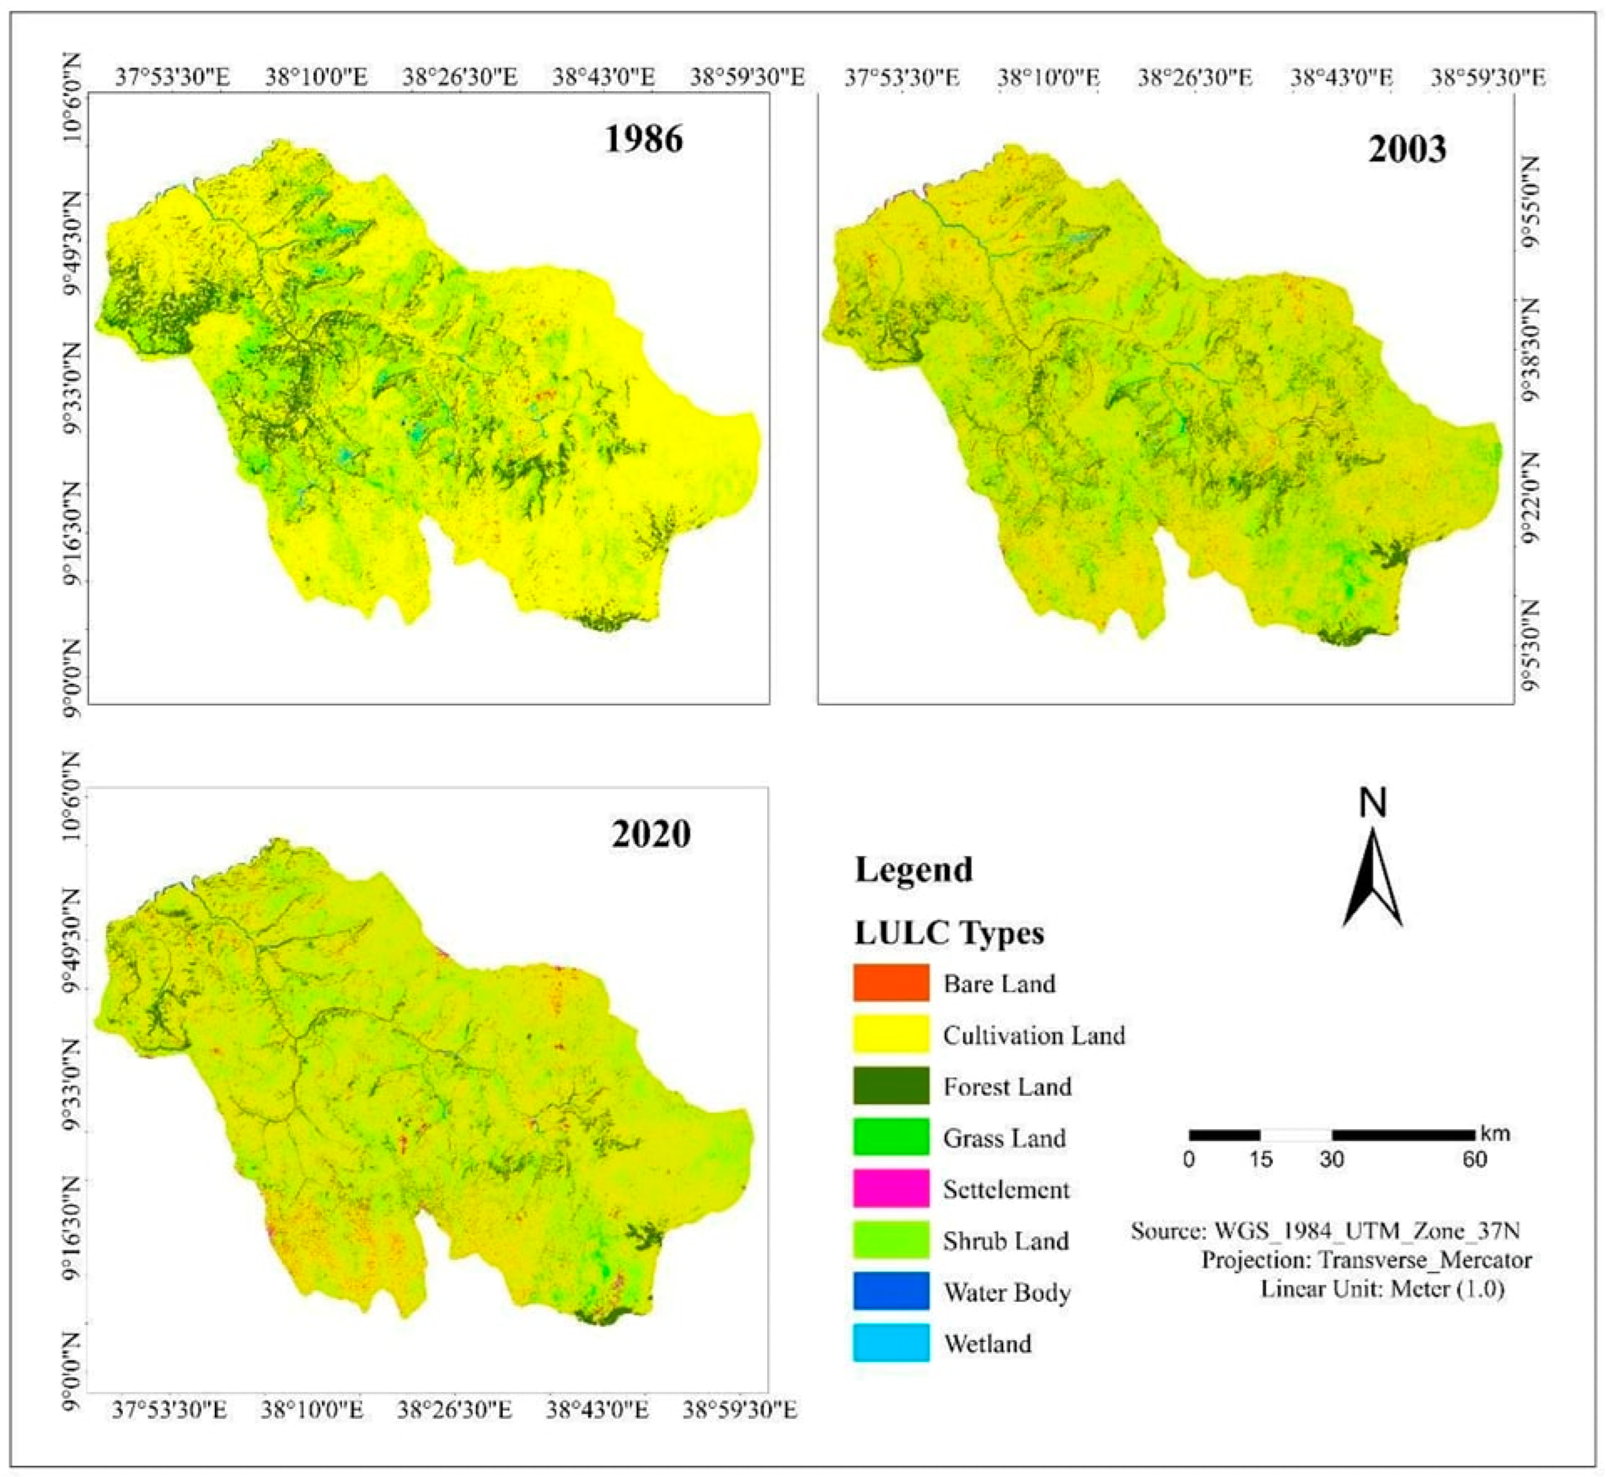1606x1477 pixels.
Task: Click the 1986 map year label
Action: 643,140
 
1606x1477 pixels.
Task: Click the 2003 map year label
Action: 1406,149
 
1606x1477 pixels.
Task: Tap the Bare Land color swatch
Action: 891,983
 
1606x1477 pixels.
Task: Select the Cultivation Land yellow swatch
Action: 891,1034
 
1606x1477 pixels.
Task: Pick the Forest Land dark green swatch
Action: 891,1085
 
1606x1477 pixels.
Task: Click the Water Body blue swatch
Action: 891,1292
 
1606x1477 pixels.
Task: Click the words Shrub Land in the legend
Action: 1005,1241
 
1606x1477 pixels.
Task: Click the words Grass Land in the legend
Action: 1004,1138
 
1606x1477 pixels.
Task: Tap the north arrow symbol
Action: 1373,879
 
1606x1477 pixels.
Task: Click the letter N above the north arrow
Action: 1373,803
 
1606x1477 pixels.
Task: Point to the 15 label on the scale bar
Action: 1260,1159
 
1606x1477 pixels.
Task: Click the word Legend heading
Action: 914,869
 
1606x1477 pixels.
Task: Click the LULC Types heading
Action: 949,933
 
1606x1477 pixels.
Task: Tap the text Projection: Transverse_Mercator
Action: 1366,1261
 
